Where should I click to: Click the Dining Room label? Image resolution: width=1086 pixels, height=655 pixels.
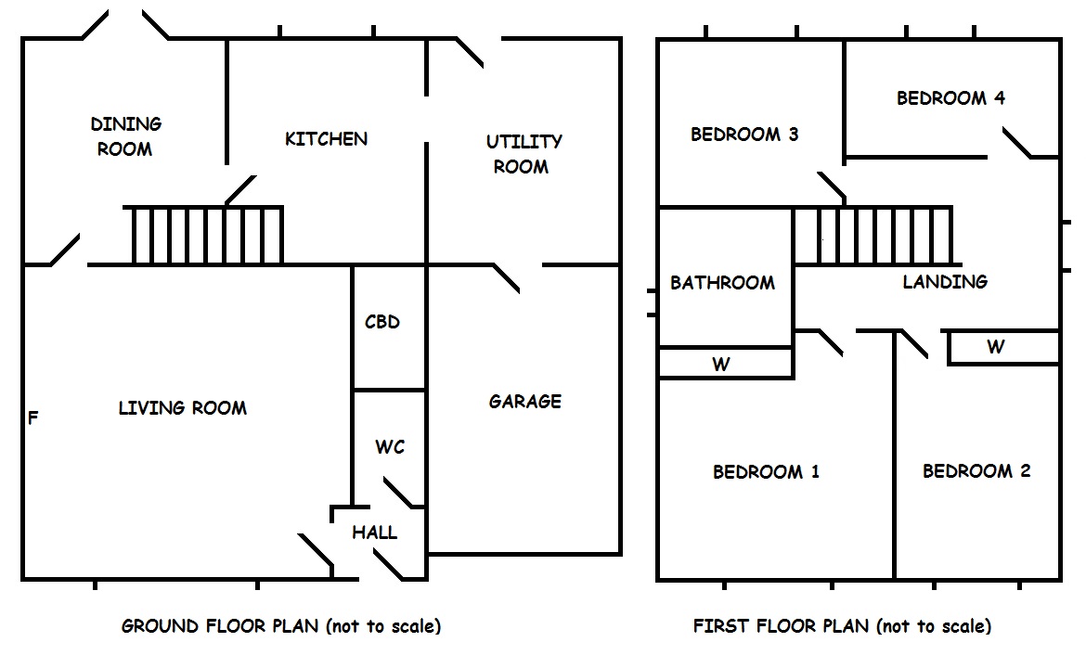[125, 136]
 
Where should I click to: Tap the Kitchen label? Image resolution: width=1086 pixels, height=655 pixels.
[326, 139]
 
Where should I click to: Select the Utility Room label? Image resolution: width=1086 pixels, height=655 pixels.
[524, 154]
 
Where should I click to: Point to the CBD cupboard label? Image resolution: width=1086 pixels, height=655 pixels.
[382, 322]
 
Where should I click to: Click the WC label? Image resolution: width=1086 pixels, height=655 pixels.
[390, 447]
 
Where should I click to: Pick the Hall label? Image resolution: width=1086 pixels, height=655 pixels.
[375, 533]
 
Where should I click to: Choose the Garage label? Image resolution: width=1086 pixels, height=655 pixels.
[525, 401]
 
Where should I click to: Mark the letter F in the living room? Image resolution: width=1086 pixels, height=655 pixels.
[33, 418]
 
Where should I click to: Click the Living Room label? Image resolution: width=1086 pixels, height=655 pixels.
[183, 407]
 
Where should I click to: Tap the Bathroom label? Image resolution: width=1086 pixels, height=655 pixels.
[722, 282]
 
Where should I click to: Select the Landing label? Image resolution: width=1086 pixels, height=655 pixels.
[945, 281]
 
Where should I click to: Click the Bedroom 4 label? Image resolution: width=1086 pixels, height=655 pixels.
[950, 97]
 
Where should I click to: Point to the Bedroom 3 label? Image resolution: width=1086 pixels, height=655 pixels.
[744, 135]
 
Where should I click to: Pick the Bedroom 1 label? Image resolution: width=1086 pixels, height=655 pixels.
[766, 471]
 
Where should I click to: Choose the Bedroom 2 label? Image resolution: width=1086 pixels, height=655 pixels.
[976, 470]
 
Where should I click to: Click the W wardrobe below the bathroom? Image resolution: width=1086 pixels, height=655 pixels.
[721, 364]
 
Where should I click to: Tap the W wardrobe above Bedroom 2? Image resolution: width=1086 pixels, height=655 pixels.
[995, 347]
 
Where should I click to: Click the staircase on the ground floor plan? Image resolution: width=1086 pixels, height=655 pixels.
[203, 236]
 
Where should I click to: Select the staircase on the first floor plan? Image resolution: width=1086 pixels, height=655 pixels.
[873, 236]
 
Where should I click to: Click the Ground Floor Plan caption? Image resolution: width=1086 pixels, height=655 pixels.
[281, 626]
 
